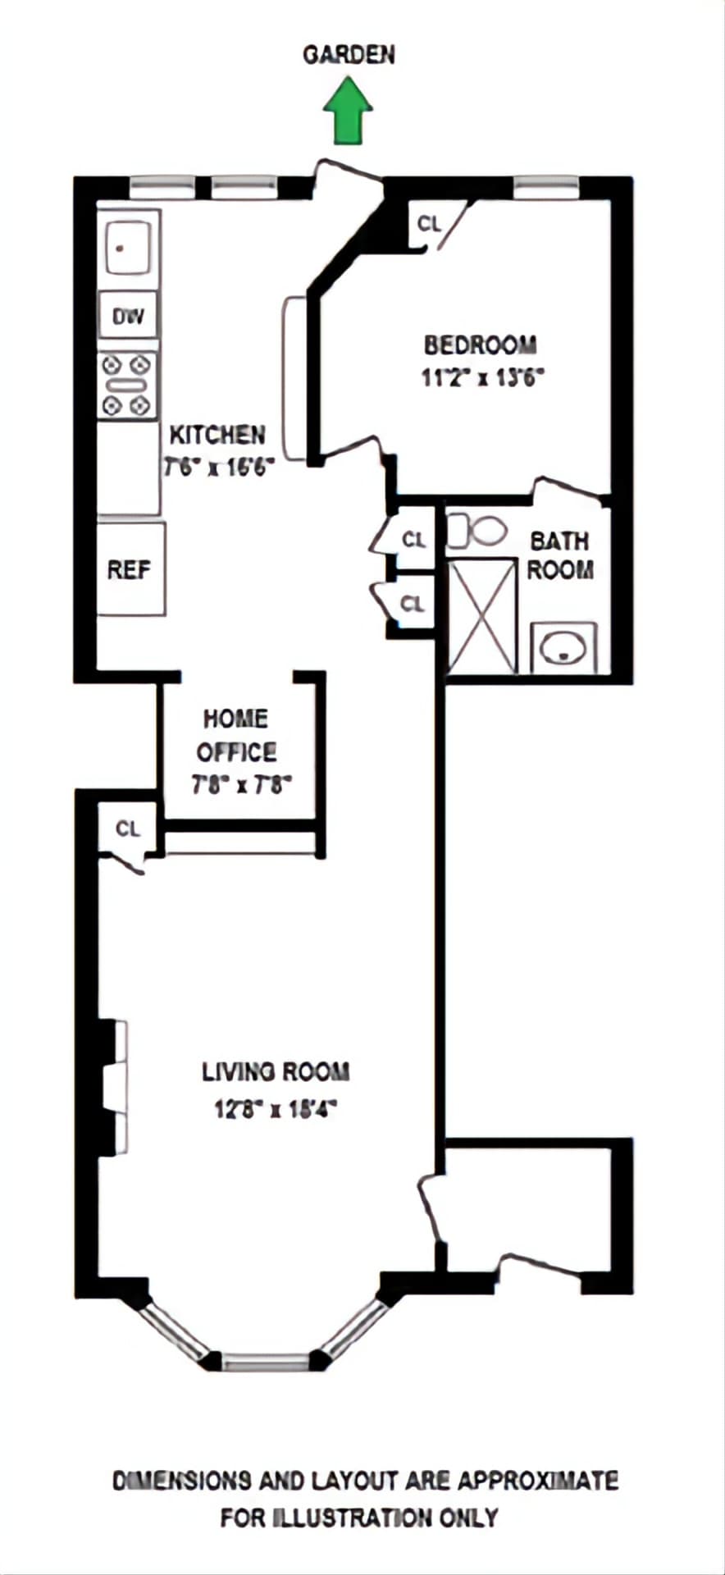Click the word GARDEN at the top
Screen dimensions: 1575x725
tap(349, 55)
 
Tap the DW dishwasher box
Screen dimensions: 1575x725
tap(128, 316)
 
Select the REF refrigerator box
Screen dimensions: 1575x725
tap(129, 569)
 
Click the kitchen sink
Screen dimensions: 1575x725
tap(126, 245)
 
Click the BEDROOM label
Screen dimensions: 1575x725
tap(481, 345)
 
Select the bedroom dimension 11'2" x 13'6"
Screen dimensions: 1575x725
tap(483, 378)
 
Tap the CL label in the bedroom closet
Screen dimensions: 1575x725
tap(429, 223)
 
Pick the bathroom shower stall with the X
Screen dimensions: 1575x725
tap(483, 615)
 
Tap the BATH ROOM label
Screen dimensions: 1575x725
tap(559, 555)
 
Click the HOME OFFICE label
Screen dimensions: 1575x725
tap(236, 735)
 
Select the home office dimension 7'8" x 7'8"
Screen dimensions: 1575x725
tap(242, 785)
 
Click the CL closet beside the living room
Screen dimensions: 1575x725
tap(128, 829)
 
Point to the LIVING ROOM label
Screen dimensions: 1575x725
tap(276, 1071)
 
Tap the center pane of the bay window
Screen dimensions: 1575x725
tap(267, 1361)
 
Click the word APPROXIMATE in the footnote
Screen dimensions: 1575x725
tap(537, 1481)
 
